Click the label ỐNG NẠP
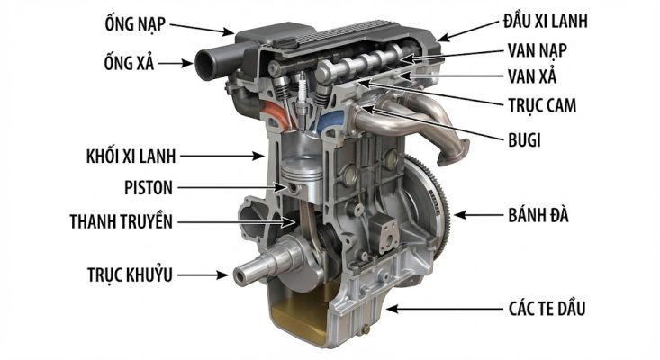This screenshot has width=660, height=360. tap(135, 23)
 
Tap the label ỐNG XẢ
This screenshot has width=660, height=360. tap(130, 63)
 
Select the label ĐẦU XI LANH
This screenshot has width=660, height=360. tap(546, 20)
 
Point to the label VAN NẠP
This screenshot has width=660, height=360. tap(537, 50)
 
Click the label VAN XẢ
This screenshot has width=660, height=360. tap(532, 76)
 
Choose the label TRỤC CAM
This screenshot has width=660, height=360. tap(542, 105)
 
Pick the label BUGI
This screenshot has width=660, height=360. tap(524, 140)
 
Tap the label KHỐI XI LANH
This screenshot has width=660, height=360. tap(131, 156)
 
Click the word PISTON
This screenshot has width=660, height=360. tap(149, 187)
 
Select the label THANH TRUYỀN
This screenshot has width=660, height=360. tap(122, 221)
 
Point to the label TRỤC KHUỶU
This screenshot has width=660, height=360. tap(130, 274)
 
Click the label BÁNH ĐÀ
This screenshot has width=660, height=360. tap(538, 215)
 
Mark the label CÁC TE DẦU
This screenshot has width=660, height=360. tap(547, 309)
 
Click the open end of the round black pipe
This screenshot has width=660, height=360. tap(206, 65)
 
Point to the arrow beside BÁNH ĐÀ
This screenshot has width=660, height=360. tap(479, 215)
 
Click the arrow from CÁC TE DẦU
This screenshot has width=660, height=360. tap(445, 309)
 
